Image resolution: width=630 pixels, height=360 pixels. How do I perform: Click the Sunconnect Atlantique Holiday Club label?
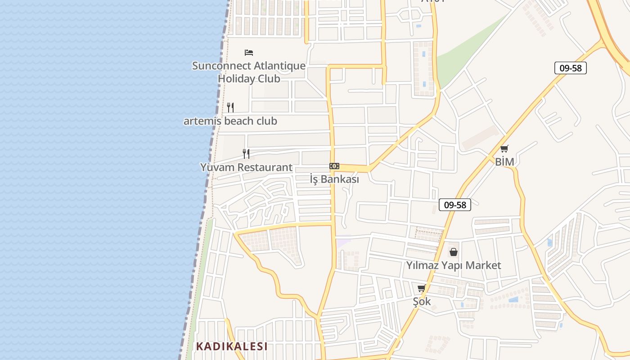point(249,72)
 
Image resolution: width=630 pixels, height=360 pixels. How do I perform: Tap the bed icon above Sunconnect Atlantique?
point(249,53)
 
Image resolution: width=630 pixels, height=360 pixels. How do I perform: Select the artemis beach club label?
point(230,121)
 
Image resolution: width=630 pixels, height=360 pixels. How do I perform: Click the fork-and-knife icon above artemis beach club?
point(230,108)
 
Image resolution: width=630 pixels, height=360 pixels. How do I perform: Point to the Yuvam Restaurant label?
point(246,167)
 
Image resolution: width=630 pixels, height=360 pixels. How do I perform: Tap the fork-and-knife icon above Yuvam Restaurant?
point(246,154)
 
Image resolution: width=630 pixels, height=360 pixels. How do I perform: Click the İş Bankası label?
point(334,179)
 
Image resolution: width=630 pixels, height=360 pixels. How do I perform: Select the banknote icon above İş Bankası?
point(334,166)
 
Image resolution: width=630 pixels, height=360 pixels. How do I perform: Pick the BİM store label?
point(504,162)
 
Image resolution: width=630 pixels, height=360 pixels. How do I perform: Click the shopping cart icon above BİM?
point(504,149)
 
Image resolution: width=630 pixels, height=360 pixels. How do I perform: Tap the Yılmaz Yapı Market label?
point(454,265)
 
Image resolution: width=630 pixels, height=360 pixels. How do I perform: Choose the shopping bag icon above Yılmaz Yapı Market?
point(454,252)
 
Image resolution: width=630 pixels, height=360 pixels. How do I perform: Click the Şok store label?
point(422,301)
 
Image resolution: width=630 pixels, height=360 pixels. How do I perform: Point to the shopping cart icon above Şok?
point(422,288)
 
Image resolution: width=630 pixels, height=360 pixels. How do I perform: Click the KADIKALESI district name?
point(232,346)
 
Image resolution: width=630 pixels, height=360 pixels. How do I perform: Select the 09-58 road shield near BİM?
point(570,68)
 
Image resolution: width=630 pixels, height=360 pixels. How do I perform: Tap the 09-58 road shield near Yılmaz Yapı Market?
point(454,205)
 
